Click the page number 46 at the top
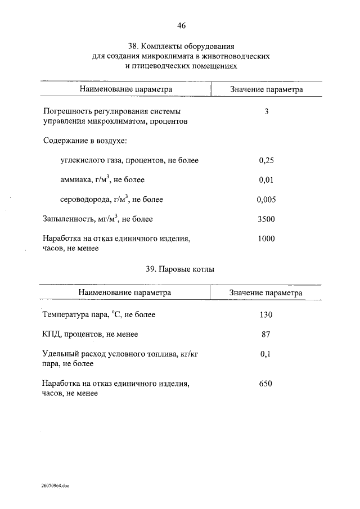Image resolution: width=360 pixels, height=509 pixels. pyautogui.click(x=181, y=25)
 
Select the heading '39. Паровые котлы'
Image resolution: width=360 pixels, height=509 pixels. pyautogui.click(x=180, y=269)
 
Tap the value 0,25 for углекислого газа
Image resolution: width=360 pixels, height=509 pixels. pyautogui.click(x=266, y=160)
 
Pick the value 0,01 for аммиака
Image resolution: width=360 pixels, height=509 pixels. pyautogui.click(x=266, y=180)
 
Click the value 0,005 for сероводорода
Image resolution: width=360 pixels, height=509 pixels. pyautogui.click(x=266, y=200)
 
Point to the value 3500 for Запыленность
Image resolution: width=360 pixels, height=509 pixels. pyautogui.click(x=266, y=219)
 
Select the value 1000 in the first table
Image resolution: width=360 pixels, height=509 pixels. pyautogui.click(x=266, y=238)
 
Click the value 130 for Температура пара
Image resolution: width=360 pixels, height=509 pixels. pyautogui.click(x=266, y=314)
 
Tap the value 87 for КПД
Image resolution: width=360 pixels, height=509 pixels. pyautogui.click(x=266, y=334)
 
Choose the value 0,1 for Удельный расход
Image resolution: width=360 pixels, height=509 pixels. pyautogui.click(x=266, y=354)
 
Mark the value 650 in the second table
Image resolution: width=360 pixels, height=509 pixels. pyautogui.click(x=266, y=384)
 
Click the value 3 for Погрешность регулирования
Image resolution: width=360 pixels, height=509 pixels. pyautogui.click(x=266, y=111)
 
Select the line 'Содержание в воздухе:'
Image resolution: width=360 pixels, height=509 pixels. pyautogui.click(x=85, y=141)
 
